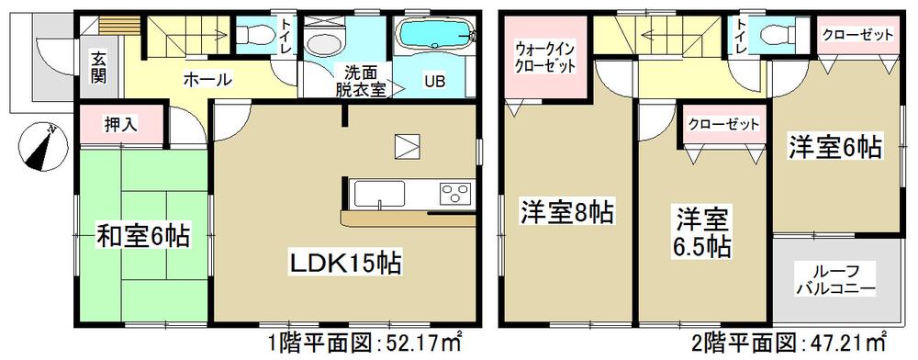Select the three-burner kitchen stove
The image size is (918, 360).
point(454,194)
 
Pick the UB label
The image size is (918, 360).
point(432,80)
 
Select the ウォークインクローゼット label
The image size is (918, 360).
point(545,60)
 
